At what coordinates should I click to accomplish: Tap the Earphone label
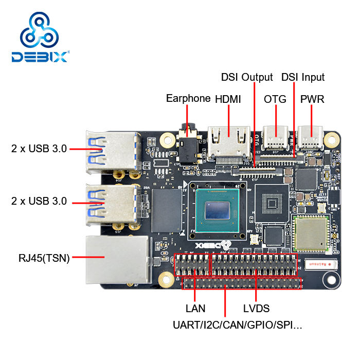coord(188,98)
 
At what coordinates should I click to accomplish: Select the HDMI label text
coord(228,99)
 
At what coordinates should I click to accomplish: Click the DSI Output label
coord(247,77)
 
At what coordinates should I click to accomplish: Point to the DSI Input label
coord(303,77)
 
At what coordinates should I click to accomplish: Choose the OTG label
coord(275,99)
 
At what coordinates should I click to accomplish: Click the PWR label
coord(312,99)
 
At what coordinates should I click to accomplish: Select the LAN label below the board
coord(195,309)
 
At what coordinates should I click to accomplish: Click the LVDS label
coord(256,309)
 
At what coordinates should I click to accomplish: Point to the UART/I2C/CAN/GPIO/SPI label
coord(238,325)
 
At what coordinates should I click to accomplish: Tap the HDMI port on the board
coord(228,139)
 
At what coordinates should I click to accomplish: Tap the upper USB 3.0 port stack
coord(112,153)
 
